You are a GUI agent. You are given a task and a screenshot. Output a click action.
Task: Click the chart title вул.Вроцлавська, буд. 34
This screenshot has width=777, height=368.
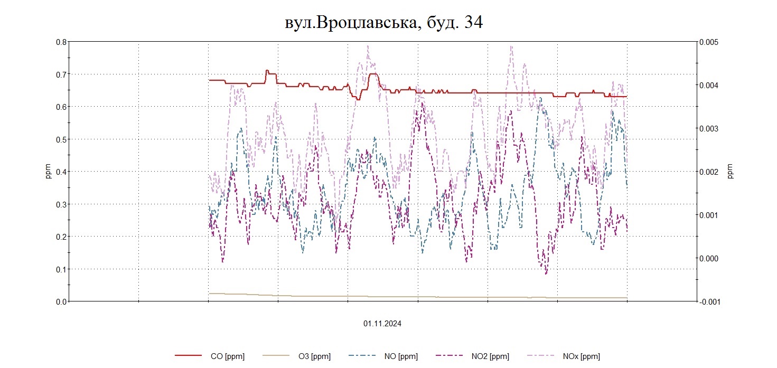(x=383, y=23)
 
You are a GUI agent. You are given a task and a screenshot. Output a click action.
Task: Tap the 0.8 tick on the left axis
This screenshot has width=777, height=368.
(x=62, y=42)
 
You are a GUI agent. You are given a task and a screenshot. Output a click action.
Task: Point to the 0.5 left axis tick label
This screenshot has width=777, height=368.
(x=62, y=139)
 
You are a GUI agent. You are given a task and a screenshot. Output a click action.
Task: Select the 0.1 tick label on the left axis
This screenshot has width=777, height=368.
(x=62, y=269)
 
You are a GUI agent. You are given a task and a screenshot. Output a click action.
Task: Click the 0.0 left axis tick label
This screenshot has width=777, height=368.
(x=62, y=301)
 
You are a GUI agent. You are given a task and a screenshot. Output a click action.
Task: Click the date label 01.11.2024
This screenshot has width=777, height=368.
(x=382, y=324)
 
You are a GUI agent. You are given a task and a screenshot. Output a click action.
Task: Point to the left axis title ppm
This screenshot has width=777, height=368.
(x=48, y=172)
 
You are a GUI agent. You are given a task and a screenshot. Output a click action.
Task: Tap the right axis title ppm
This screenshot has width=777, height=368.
(x=731, y=172)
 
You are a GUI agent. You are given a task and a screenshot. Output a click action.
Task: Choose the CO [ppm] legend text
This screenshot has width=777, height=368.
(x=227, y=356)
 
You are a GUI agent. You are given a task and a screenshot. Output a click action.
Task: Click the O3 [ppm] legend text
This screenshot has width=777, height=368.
(x=314, y=356)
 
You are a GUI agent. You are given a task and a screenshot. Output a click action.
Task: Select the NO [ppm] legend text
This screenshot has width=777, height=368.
(x=401, y=356)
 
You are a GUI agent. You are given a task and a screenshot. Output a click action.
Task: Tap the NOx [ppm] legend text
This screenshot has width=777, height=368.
(x=583, y=356)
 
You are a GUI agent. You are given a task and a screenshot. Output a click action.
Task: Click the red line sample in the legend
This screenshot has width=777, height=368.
(x=189, y=356)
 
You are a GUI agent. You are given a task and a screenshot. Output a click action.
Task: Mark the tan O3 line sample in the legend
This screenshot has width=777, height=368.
(x=276, y=356)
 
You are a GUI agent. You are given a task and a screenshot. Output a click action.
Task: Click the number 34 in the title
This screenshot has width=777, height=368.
(x=473, y=23)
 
